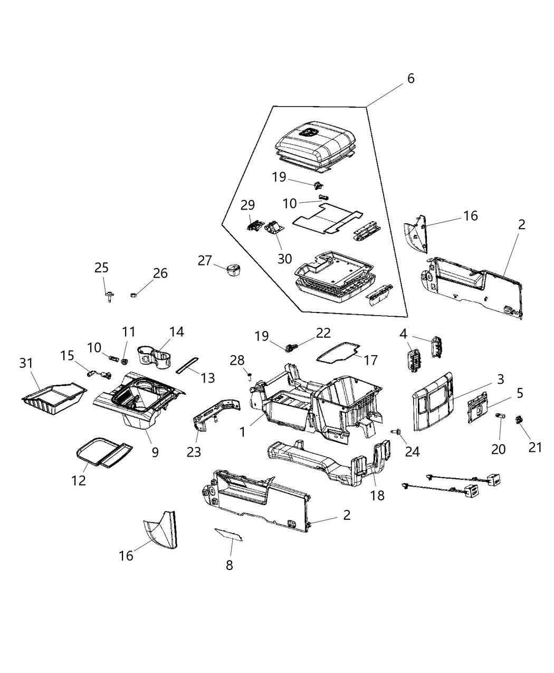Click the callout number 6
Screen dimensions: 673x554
point(410,79)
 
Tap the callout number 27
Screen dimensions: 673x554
point(205,260)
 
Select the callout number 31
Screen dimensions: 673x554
point(26,364)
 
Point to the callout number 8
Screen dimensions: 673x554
point(229,565)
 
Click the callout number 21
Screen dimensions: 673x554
point(536,447)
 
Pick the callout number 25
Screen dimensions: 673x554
point(102,268)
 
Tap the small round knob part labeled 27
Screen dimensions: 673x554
point(232,269)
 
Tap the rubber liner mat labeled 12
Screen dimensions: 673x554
point(103,451)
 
